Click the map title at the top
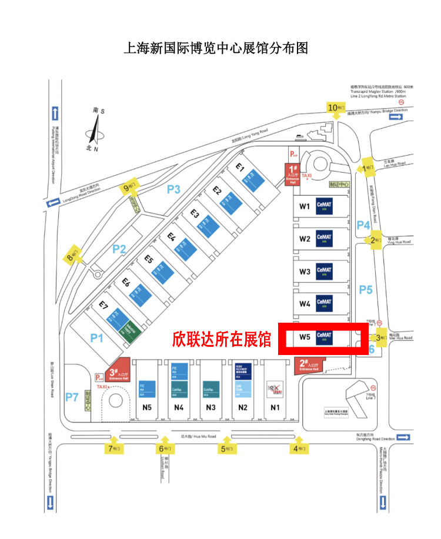coord(216,48)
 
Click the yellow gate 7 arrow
coord(113,448)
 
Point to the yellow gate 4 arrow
coord(299,448)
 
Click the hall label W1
coord(304,206)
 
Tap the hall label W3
coord(304,272)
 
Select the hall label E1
coord(239,167)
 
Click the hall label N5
coord(147,407)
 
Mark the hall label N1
coord(275,407)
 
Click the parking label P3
coord(173,189)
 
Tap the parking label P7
coord(72,397)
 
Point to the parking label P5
coord(366,289)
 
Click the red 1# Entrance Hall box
coord(292,175)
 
